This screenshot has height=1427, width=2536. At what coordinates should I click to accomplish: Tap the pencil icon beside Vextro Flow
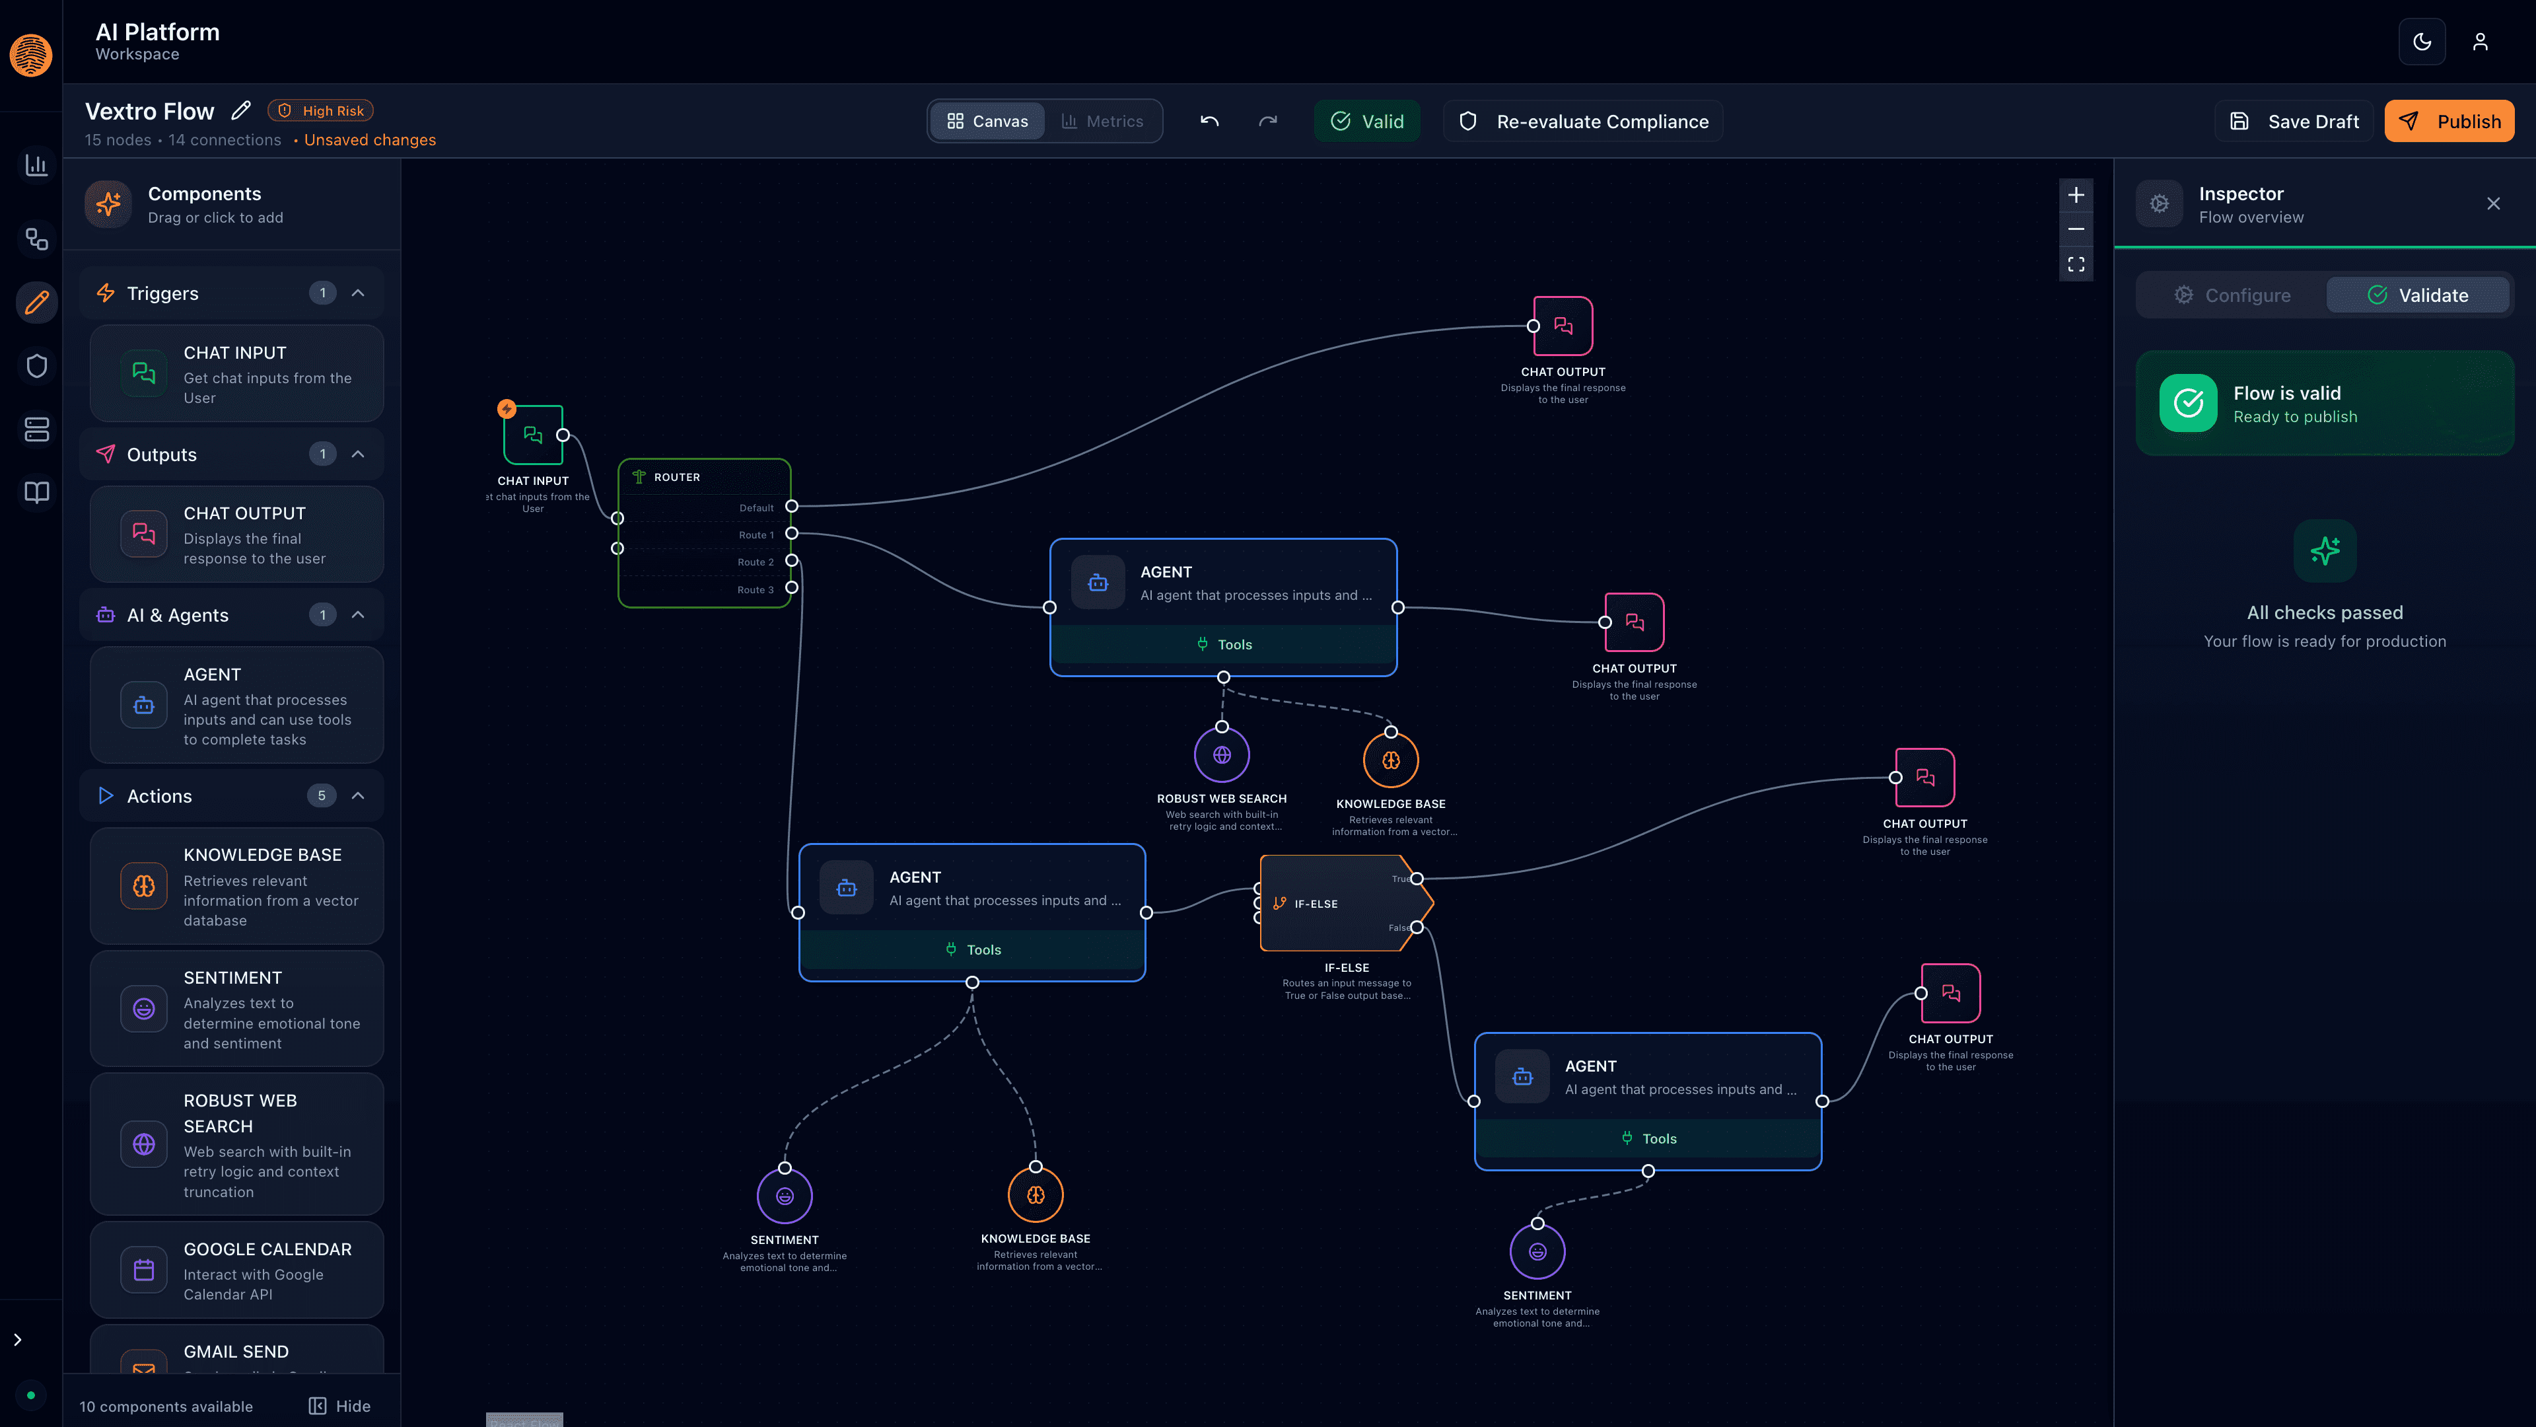click(241, 110)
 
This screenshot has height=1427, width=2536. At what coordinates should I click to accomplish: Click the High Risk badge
click(321, 110)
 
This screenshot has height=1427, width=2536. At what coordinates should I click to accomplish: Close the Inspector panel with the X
click(2492, 204)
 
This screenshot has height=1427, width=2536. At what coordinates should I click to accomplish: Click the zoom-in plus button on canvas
click(2075, 195)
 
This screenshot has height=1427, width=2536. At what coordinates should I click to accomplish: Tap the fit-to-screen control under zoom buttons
click(2075, 264)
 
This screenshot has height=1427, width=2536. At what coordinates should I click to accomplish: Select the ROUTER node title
click(676, 476)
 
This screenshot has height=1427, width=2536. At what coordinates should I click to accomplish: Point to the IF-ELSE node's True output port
click(1417, 879)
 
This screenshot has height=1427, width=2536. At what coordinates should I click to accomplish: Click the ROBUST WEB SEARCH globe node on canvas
click(1222, 755)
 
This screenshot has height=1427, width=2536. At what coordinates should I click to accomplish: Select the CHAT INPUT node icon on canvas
click(532, 434)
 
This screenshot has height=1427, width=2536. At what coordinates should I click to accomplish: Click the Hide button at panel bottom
click(339, 1405)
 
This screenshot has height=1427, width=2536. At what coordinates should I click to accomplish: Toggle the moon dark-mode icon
click(2422, 42)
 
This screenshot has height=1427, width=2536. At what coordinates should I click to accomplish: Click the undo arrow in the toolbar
click(1209, 121)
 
